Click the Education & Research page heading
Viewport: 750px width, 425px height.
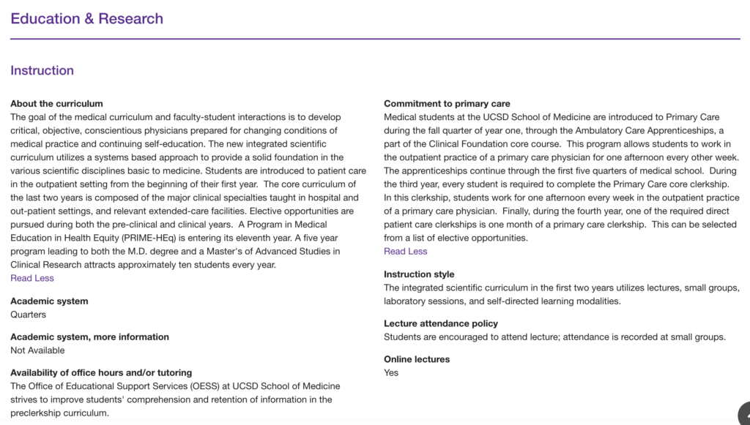tap(86, 19)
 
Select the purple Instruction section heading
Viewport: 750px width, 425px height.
tap(42, 71)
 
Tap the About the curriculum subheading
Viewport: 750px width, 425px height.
tap(56, 104)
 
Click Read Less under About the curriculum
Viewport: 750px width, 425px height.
tap(32, 278)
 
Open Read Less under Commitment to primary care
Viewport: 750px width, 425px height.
tap(405, 251)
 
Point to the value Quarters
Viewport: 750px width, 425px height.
tap(28, 315)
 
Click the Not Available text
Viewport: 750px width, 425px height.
tap(37, 350)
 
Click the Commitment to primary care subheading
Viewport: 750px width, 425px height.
tap(447, 104)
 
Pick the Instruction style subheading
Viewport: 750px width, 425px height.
tap(419, 274)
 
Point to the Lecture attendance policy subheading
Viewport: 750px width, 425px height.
tap(441, 323)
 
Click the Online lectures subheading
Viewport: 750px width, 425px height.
tap(417, 359)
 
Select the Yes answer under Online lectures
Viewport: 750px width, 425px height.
tap(391, 372)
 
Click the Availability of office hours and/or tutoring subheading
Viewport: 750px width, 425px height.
tap(101, 372)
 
